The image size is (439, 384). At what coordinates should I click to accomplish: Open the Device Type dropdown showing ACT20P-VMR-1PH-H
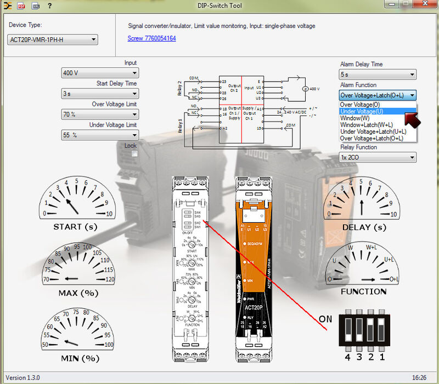(53, 39)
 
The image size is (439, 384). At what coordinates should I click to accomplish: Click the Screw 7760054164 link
(151, 39)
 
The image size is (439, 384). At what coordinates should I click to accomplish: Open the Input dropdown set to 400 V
(100, 73)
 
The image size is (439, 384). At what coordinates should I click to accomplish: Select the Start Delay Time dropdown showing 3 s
(100, 94)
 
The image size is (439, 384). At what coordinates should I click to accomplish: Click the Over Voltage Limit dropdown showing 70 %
(100, 114)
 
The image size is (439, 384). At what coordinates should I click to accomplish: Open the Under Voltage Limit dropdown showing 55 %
(100, 135)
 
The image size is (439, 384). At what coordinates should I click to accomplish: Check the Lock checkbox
(134, 154)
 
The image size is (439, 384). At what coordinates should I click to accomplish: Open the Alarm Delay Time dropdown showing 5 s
(378, 74)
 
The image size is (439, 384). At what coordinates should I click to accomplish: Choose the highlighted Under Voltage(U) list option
(362, 111)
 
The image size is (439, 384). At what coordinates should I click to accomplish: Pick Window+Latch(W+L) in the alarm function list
(366, 125)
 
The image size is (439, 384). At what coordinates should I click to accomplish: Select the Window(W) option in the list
(355, 118)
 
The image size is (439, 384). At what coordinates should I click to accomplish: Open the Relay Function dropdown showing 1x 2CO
(378, 158)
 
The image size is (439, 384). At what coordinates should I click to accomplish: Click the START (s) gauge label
(75, 227)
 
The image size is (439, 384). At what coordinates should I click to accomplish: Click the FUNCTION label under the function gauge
(363, 291)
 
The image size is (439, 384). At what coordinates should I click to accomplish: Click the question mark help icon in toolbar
(49, 6)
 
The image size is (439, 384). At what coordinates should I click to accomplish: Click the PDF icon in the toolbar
(21, 6)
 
